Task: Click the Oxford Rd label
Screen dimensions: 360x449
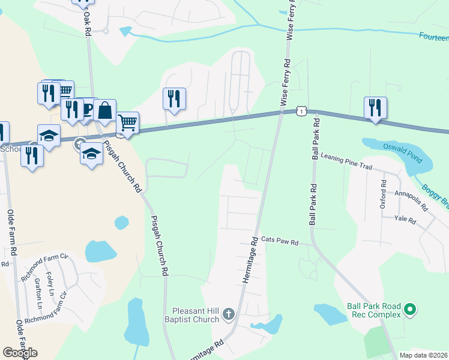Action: point(383,190)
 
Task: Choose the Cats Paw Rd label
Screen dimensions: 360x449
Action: point(280,241)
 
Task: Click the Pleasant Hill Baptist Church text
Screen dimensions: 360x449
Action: point(196,315)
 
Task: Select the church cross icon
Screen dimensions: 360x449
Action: point(228,314)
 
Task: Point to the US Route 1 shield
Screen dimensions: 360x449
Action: point(300,111)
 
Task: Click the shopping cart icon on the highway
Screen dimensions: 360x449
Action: point(128,123)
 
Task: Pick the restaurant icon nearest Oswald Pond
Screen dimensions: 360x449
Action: point(375,108)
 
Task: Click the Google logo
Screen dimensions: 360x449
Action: point(20,353)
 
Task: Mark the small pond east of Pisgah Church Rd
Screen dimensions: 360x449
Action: point(121,223)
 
